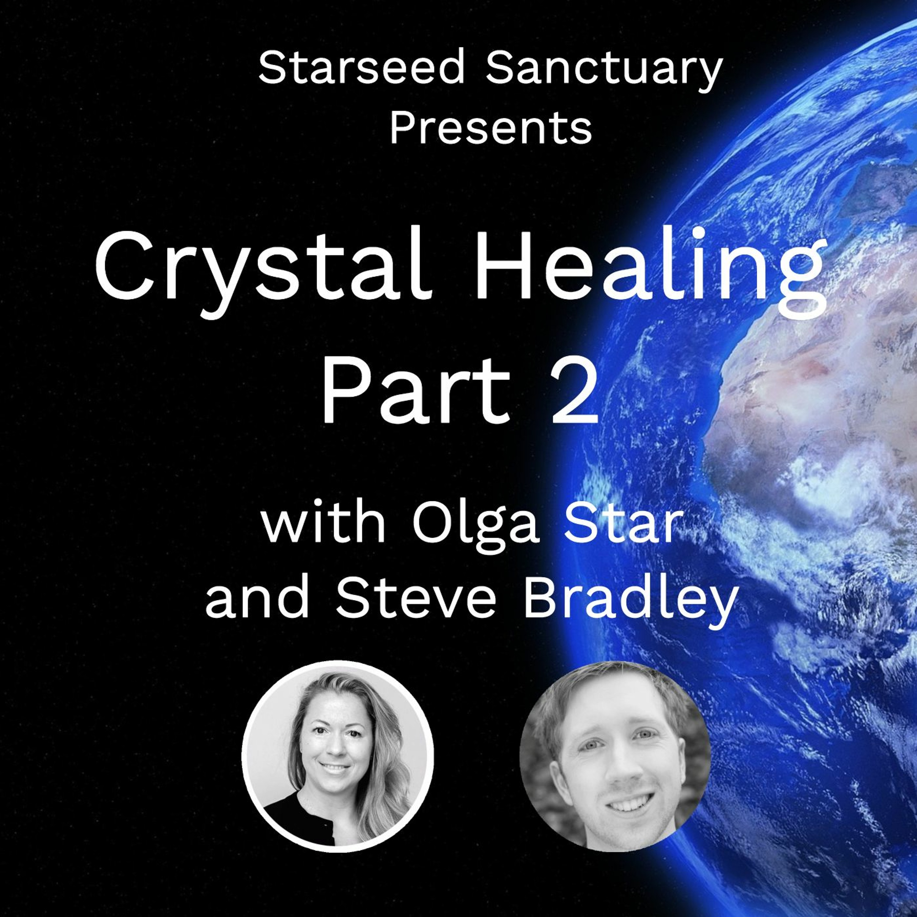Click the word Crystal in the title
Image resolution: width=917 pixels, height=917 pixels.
(264, 271)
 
